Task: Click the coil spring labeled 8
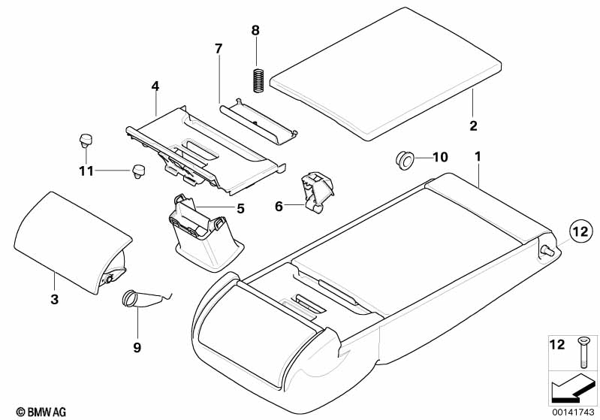tap(257, 80)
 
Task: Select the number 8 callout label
tap(255, 30)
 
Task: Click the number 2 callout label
tap(473, 125)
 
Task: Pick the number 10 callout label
tap(440, 157)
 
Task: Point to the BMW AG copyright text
tap(37, 411)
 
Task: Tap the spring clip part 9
tap(139, 299)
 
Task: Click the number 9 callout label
tap(137, 348)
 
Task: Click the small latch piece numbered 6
tap(316, 192)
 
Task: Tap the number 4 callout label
tap(155, 86)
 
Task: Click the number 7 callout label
tap(219, 49)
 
